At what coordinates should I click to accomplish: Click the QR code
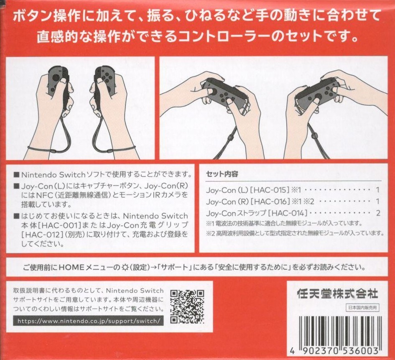click(187, 307)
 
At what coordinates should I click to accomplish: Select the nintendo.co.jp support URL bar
click(89, 321)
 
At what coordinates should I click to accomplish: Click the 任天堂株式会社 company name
click(338, 294)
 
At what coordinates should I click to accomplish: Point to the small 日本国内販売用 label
click(362, 308)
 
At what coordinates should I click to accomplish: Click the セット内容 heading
click(222, 174)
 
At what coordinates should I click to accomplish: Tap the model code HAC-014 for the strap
click(288, 213)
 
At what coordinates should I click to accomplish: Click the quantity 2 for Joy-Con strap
click(378, 213)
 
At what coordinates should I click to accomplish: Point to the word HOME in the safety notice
click(71, 267)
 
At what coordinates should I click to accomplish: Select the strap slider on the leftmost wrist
click(53, 151)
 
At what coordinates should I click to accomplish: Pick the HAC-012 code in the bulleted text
click(42, 235)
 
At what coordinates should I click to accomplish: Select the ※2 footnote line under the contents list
click(295, 233)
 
